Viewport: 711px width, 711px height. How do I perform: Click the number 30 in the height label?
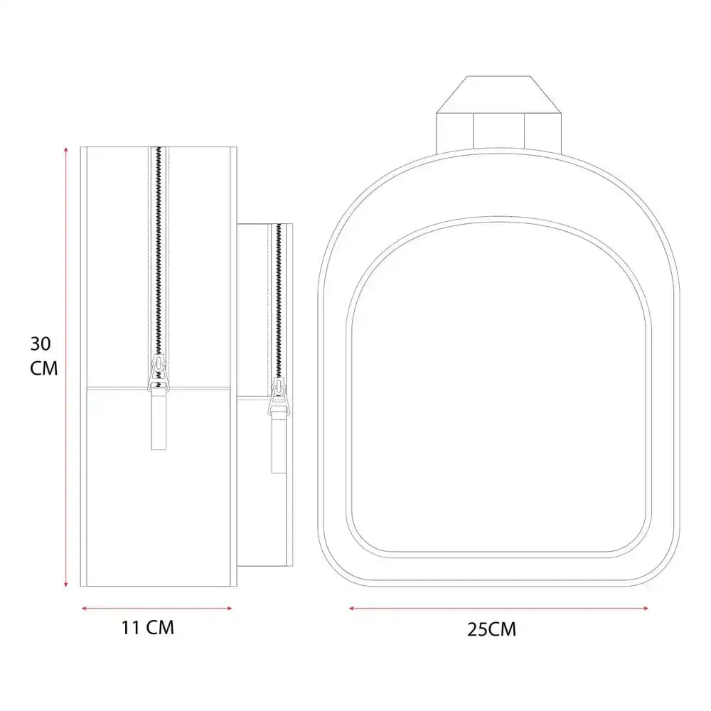pos(41,344)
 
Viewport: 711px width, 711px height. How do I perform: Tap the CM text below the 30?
pos(44,368)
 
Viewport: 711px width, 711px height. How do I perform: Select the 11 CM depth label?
pos(148,628)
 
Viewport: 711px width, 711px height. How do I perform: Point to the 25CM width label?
pos(491,629)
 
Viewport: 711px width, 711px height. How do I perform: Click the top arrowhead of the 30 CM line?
pos(66,149)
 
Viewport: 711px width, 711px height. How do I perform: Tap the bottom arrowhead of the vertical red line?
pos(66,584)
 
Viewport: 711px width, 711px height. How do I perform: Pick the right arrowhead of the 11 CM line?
pos(229,609)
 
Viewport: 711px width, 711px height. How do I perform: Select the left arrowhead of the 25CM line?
pos(352,609)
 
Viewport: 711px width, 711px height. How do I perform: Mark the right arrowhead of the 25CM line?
pos(646,609)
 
